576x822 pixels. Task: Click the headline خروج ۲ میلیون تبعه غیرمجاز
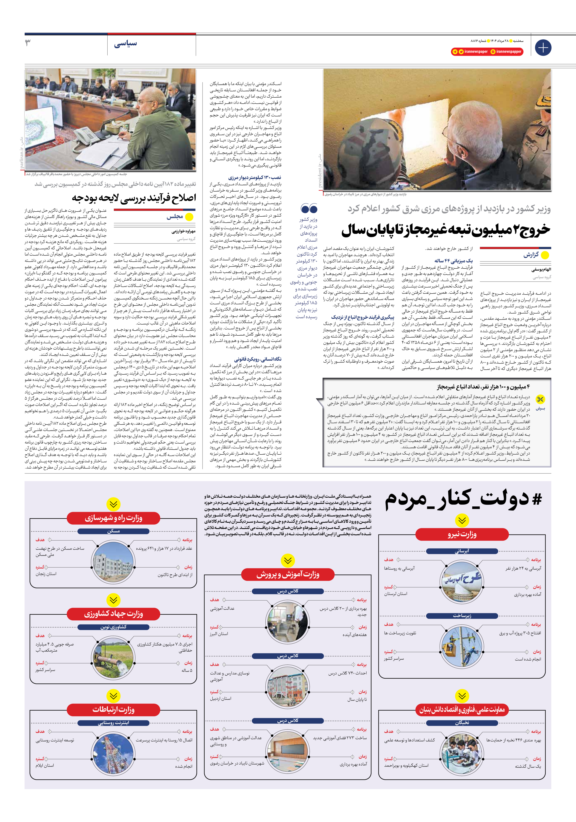tap(446, 230)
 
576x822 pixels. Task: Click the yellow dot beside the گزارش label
tap(545, 255)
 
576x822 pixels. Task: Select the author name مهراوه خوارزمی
tap(184, 231)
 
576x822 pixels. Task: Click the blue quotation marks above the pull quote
tap(309, 208)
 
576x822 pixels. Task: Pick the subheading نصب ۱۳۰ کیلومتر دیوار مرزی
tap(255, 177)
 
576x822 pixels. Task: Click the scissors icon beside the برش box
tap(540, 399)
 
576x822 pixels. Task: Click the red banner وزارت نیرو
tap(462, 534)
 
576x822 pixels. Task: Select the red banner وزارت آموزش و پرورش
tap(288, 575)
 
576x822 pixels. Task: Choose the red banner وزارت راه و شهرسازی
tap(113, 518)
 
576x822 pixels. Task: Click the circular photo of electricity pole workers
tap(462, 646)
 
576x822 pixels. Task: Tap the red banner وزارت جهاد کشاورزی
tap(113, 614)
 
